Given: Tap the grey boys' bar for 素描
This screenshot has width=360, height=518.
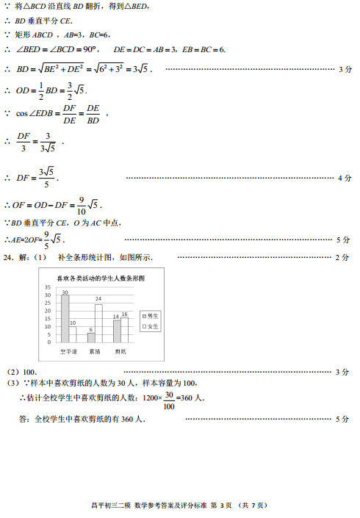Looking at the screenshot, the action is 91,337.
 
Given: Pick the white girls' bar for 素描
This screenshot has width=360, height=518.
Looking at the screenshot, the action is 98,323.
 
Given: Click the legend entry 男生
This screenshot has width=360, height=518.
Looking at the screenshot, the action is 149,314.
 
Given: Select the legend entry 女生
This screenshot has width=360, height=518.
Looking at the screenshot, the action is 149,325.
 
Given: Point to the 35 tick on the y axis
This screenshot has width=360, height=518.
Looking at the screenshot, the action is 48,287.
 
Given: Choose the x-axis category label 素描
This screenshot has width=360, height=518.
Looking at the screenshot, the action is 95,351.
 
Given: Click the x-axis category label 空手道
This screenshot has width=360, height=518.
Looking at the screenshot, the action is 68,351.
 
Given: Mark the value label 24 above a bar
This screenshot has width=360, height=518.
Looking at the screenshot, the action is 98,299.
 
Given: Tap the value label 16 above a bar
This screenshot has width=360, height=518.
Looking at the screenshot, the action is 124,314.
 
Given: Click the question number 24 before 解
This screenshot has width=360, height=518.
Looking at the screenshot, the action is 8,257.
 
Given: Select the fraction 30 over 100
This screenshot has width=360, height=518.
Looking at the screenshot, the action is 170,400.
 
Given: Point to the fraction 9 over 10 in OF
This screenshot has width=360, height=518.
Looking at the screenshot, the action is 82,204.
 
